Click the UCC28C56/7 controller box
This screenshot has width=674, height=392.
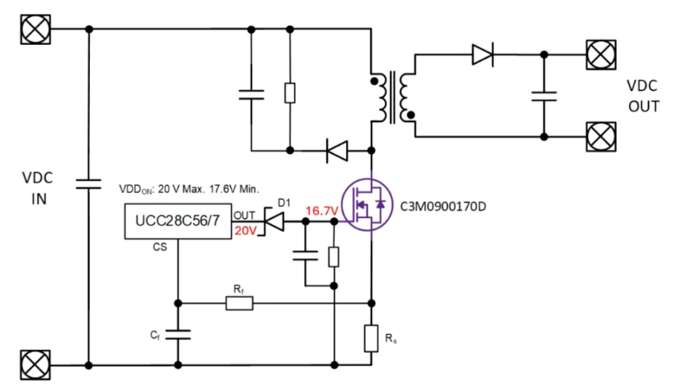178,221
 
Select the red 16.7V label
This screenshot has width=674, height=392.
322,212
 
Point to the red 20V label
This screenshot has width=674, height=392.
245,231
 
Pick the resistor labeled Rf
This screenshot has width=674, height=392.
239,304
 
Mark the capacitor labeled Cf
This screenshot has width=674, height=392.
178,335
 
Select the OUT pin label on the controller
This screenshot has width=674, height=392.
244,215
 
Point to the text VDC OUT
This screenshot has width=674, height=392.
643,96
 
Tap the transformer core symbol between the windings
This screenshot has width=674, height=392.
393,97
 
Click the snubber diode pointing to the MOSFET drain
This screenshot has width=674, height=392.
337,150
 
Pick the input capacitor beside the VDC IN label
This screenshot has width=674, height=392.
89,183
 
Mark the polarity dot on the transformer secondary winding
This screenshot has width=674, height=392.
411,114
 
